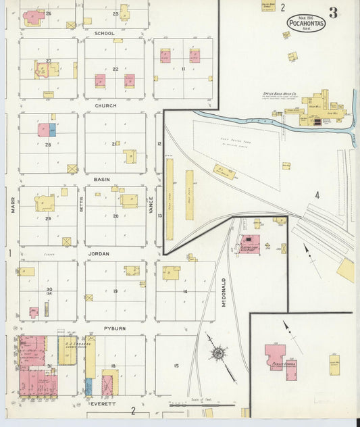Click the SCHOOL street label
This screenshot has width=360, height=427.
click(x=105, y=33)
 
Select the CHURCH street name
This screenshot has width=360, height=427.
click(x=105, y=106)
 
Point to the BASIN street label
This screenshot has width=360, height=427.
click(x=102, y=180)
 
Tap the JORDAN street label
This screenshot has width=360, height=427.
click(x=99, y=254)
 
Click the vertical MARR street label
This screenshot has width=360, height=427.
click(x=12, y=205)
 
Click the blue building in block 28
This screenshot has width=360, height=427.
click(x=53, y=130)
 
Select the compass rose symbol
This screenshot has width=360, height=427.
click(x=218, y=353)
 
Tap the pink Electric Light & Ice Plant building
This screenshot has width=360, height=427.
click(x=251, y=244)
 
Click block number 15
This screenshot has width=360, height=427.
click(x=176, y=366)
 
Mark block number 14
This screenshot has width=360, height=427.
click(x=184, y=291)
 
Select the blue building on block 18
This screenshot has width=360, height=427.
click(x=88, y=386)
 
